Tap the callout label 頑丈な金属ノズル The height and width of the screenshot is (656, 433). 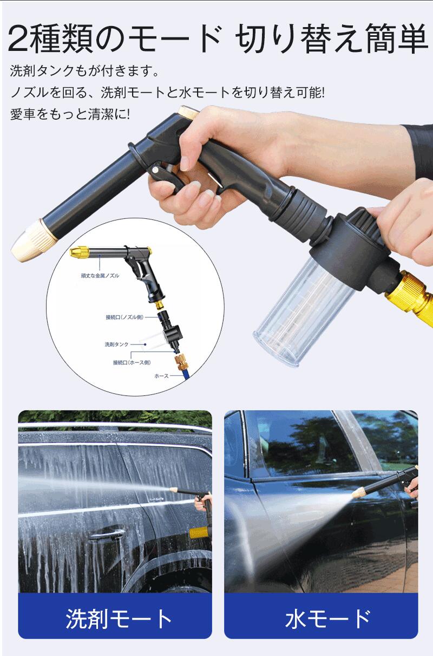[100, 275]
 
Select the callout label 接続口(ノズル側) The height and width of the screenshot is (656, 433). [124, 317]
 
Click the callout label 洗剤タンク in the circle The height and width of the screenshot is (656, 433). [116, 344]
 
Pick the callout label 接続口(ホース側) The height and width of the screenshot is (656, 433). [132, 362]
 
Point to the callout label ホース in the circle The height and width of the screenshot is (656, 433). [161, 376]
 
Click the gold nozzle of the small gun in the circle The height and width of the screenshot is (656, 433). [80, 252]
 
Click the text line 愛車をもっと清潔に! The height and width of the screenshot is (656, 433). [70, 114]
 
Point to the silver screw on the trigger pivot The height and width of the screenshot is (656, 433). [154, 170]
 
